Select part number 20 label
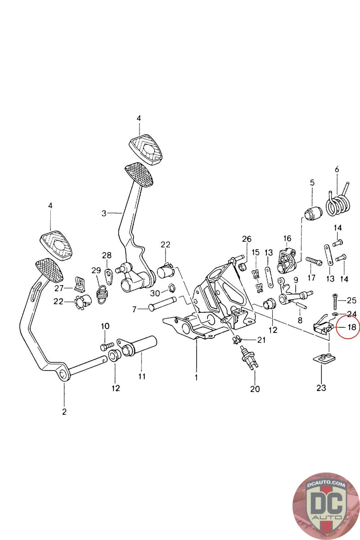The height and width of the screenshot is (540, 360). pos(255,389)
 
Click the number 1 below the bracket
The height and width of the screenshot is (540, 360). pos(196,377)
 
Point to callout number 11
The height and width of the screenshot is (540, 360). pos(142,376)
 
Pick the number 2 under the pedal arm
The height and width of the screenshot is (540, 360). pos(64,412)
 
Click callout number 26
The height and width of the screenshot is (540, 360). pos(247,239)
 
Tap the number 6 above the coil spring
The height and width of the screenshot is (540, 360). pos(337,169)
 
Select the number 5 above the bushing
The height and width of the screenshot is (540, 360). pos(312,183)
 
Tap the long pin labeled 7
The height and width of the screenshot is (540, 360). pos(162,304)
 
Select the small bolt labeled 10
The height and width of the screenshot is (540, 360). pos(107,346)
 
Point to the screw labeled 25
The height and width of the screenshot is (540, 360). pos(335,301)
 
